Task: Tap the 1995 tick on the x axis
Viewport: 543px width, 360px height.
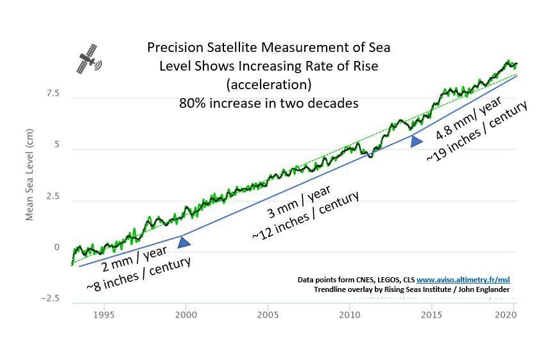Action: (104, 315)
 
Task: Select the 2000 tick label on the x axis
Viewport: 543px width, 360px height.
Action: (185, 315)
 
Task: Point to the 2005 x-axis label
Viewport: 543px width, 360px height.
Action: (268, 315)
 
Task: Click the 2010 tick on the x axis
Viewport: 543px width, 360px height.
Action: (349, 315)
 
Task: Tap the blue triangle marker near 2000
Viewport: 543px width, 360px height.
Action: (184, 242)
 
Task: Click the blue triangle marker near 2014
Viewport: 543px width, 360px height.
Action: (417, 141)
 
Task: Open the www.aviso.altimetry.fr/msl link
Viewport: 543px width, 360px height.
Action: (463, 280)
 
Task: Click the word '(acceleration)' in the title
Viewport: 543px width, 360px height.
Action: (268, 85)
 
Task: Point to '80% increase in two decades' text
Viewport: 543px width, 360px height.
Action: (268, 103)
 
